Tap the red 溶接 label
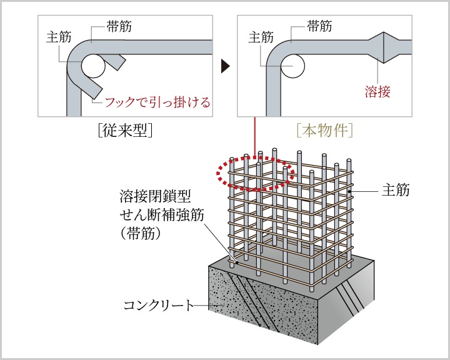click(377, 92)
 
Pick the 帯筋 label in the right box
click(319, 26)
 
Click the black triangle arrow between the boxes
click(226, 65)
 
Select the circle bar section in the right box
click(292, 64)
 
